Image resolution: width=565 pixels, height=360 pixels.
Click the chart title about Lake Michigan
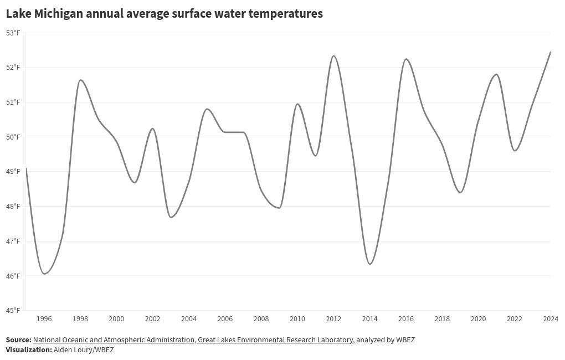(164, 14)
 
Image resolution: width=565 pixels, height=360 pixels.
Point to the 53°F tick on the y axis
(13, 33)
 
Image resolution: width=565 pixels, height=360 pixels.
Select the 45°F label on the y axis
(13, 310)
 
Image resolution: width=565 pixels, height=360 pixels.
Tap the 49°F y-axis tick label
(13, 172)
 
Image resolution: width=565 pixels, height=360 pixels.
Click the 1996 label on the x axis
(44, 319)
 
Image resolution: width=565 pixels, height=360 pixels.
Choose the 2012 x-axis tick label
(333, 319)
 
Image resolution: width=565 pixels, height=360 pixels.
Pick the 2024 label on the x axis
(550, 319)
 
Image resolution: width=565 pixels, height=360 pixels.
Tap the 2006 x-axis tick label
(225, 319)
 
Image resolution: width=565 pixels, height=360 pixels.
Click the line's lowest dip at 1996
(44, 274)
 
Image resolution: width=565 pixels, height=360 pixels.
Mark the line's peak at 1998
(80, 80)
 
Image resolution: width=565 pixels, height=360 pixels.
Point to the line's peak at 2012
(333, 56)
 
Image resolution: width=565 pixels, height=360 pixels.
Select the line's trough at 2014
(370, 264)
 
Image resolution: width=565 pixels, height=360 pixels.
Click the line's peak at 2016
(406, 59)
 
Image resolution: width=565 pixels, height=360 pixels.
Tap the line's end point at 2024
(550, 52)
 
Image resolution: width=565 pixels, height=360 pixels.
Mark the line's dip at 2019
(460, 192)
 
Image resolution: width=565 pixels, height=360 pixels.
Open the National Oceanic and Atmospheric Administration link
(114, 340)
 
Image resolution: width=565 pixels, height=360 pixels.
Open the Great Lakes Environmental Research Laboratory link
(275, 340)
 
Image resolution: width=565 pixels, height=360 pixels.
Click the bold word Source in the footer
(18, 340)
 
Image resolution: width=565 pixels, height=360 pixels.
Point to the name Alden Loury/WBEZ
(84, 350)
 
